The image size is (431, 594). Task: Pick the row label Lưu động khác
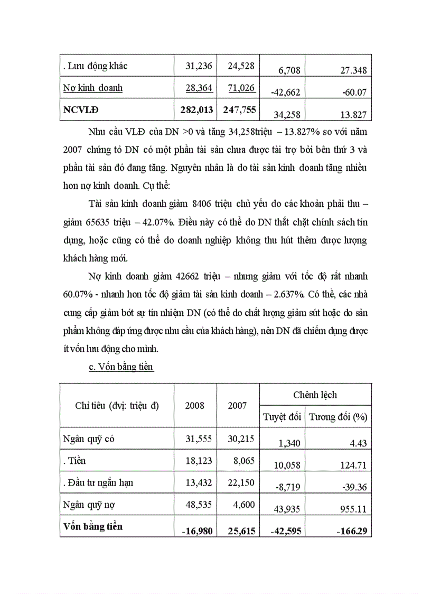95,66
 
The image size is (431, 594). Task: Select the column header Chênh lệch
315,395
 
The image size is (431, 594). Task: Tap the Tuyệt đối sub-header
282,417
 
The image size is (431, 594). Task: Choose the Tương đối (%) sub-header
338,417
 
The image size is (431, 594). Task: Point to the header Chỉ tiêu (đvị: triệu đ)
117,406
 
